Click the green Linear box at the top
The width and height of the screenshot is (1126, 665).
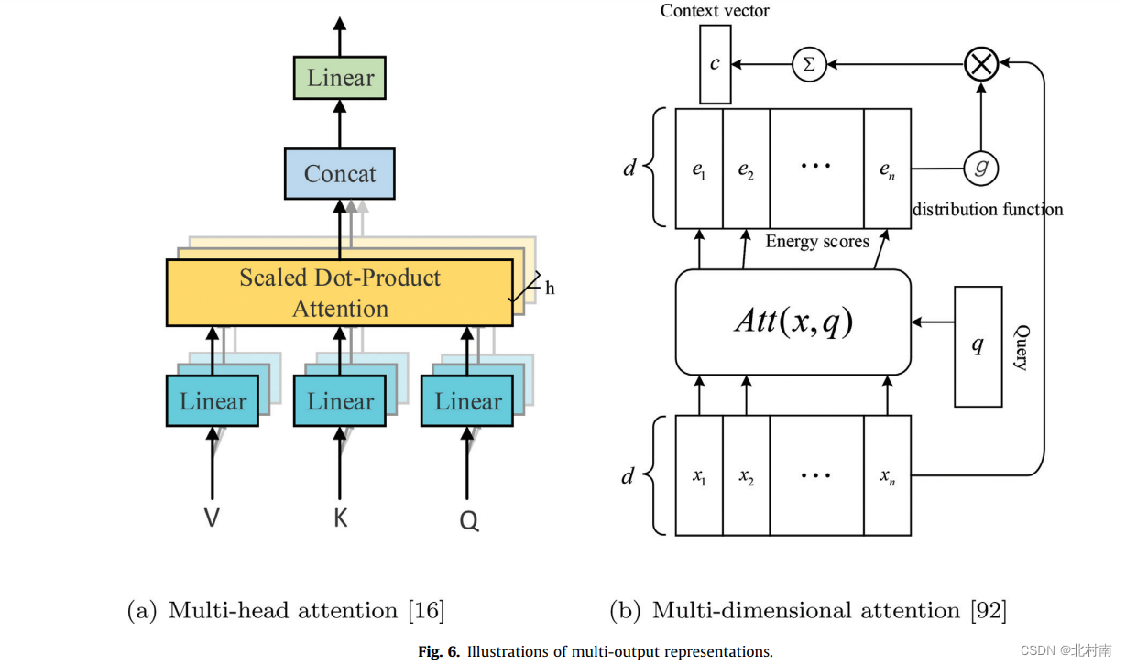click(340, 78)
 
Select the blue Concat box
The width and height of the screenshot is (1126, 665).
click(340, 174)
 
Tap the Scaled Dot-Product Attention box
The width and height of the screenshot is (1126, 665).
click(340, 292)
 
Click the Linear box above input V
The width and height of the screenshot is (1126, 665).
click(213, 401)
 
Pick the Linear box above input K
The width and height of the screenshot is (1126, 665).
click(340, 401)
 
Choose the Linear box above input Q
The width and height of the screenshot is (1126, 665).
click(468, 401)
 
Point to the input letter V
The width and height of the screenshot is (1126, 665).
click(212, 518)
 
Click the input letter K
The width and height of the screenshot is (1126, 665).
click(340, 518)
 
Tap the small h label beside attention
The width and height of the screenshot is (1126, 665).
click(550, 289)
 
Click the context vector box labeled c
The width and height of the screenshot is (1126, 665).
click(715, 64)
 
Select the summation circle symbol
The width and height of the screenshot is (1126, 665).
click(809, 64)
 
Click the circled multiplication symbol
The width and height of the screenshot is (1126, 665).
click(981, 64)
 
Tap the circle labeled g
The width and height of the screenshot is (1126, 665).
click(980, 168)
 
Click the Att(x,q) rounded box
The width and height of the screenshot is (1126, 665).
click(793, 322)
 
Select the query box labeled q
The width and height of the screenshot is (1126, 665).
click(978, 346)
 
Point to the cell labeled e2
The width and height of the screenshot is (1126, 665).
click(746, 169)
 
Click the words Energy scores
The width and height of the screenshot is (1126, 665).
click(816, 242)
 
